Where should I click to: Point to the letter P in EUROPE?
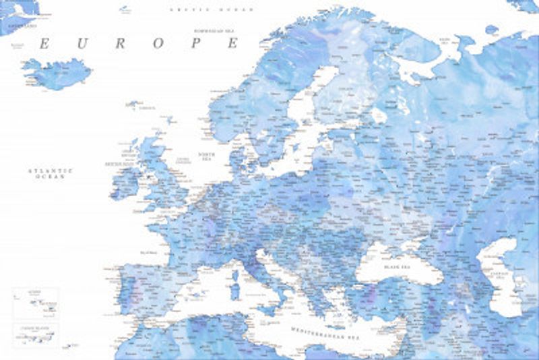(x=197, y=44)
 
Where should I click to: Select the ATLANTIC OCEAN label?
(x=50, y=173)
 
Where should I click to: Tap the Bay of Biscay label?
(x=148, y=251)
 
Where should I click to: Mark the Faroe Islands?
(x=133, y=104)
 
